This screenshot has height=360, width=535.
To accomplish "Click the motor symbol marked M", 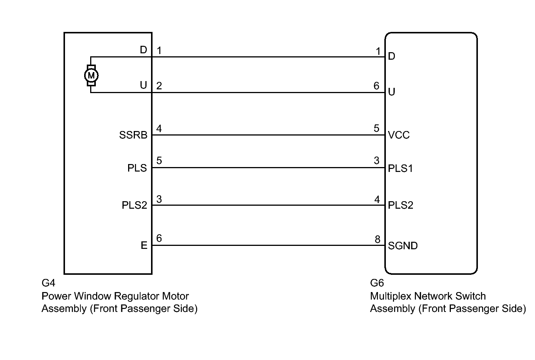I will tap(91, 76).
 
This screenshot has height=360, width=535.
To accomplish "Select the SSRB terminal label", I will tap(133, 135).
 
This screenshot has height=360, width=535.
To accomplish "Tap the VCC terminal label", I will tap(399, 135).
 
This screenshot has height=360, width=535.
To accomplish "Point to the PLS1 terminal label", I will tap(400, 168).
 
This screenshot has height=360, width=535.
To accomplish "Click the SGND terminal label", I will tap(403, 246).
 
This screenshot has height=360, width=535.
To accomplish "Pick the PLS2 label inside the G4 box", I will tap(135, 205).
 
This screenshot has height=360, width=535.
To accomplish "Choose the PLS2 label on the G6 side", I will tap(400, 205).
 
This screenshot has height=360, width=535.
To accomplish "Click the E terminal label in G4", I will tap(144, 246).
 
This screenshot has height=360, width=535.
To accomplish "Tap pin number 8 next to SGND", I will tap(377, 239).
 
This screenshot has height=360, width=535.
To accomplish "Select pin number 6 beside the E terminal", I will tap(159, 238).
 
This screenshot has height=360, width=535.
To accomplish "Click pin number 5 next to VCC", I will tap(376, 128).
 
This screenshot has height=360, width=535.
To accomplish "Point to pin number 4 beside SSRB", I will tap(159, 129).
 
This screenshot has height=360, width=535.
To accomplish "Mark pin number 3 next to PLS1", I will tap(376, 161).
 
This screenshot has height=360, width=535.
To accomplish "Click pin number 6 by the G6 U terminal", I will tap(376, 86).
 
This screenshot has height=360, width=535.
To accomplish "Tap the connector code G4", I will tap(48, 283).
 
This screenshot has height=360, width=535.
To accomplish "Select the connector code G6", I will tap(377, 283).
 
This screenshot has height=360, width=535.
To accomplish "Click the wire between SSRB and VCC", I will tap(268, 135).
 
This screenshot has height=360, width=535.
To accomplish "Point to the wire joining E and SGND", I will tap(268, 246).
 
